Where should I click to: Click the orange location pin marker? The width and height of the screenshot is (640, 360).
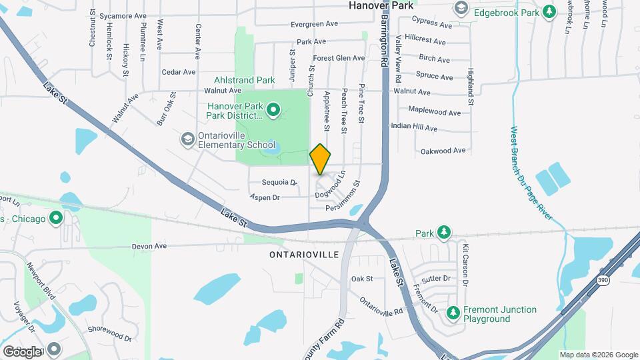point(320,159)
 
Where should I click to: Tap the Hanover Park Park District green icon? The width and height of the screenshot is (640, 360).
point(273,111)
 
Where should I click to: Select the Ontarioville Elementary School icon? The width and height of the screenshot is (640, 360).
point(187,139)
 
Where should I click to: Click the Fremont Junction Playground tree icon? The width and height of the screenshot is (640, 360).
point(453,313)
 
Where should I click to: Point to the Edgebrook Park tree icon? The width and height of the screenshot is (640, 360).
point(549,11)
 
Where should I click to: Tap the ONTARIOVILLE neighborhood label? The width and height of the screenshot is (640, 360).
point(304,255)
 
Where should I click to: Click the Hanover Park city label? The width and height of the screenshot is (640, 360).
point(381,5)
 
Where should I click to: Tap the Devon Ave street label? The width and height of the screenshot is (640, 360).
point(149,246)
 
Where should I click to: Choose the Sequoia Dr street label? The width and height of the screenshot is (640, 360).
point(279,182)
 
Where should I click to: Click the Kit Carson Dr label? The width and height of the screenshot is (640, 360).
point(465,265)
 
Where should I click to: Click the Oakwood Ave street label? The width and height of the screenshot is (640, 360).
point(443,151)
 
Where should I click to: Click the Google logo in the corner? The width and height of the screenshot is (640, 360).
point(21,351)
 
